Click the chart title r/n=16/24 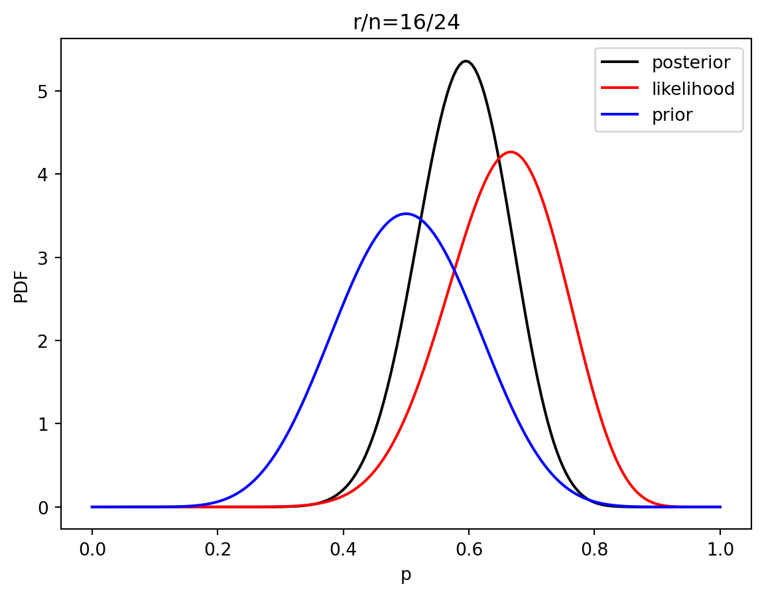pyautogui.click(x=406, y=23)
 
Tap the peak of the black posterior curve pyautogui.click(x=466, y=61)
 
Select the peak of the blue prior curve pyautogui.click(x=406, y=214)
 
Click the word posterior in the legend pyautogui.click(x=691, y=63)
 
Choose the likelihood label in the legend pyautogui.click(x=693, y=89)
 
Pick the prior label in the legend pyautogui.click(x=672, y=115)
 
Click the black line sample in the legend pyautogui.click(x=619, y=63)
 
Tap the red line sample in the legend pyautogui.click(x=619, y=89)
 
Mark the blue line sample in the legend pyautogui.click(x=619, y=115)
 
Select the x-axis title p pyautogui.click(x=406, y=575)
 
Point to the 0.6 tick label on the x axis pyautogui.click(x=469, y=550)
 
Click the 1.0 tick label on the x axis pyautogui.click(x=720, y=550)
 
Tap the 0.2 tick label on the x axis pyautogui.click(x=218, y=550)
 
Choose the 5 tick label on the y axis pyautogui.click(x=42, y=91)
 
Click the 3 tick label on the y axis pyautogui.click(x=42, y=258)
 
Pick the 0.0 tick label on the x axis pyautogui.click(x=92, y=550)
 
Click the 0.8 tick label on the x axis pyautogui.click(x=595, y=550)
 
